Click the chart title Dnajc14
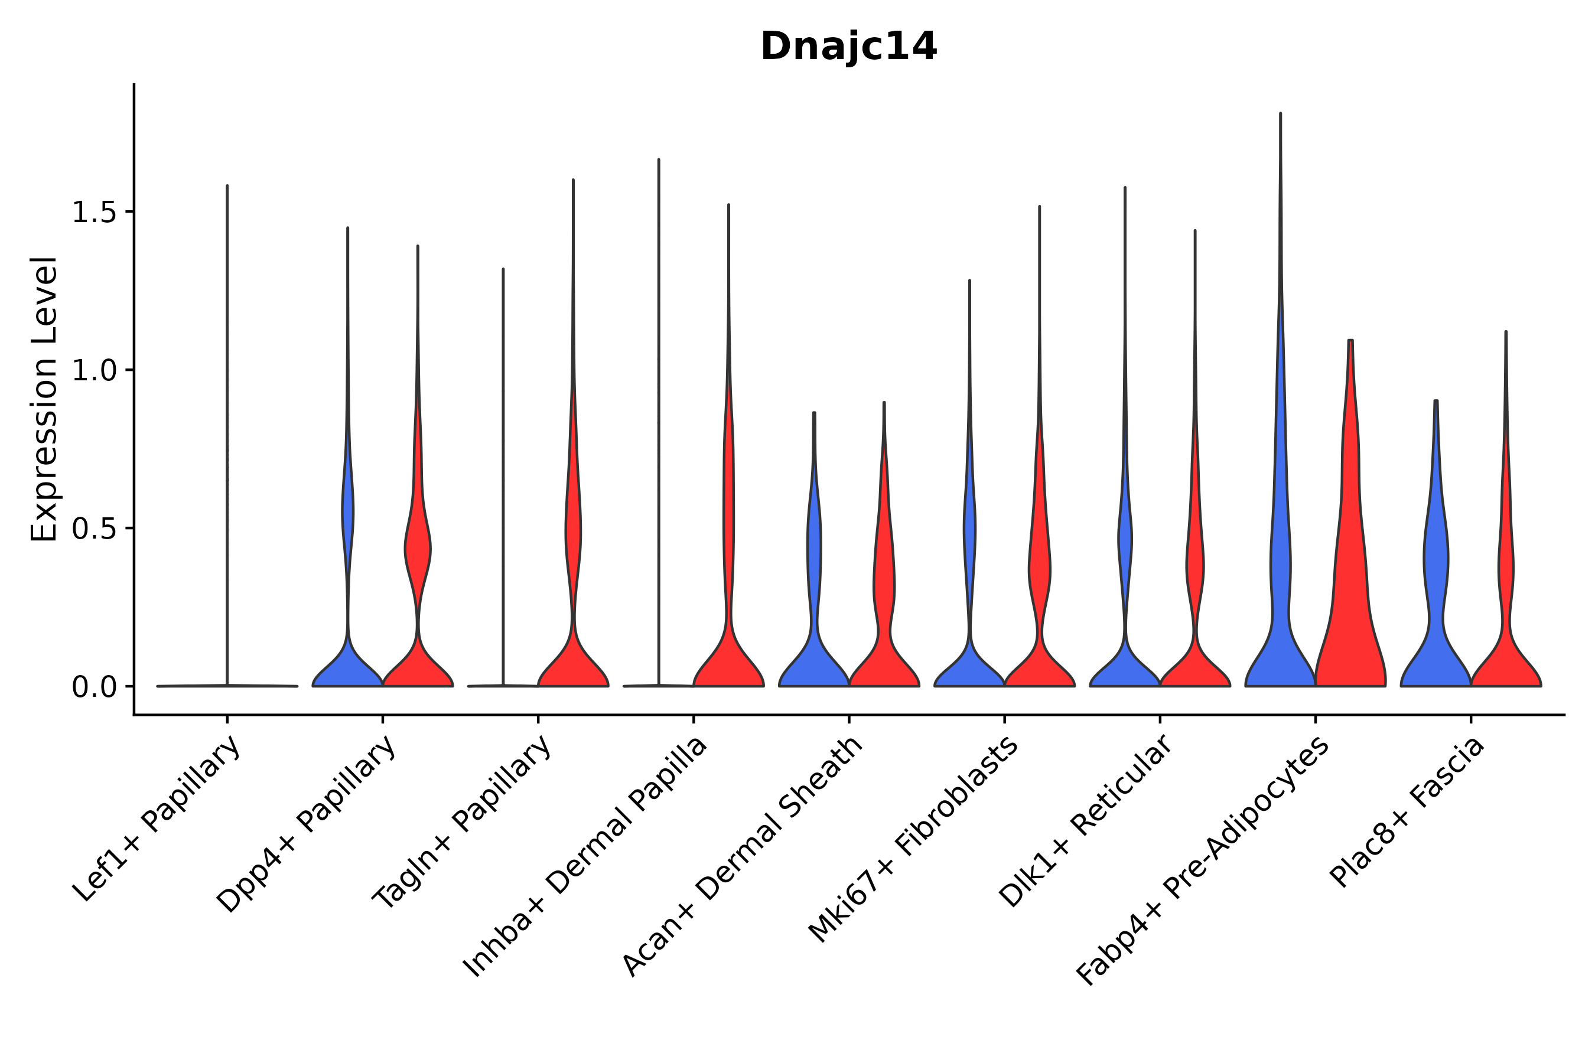[x=848, y=47]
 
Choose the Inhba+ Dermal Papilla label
[x=585, y=857]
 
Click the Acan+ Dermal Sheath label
[x=743, y=857]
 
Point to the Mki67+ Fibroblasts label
[x=913, y=840]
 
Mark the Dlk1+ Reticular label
[x=1085, y=821]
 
